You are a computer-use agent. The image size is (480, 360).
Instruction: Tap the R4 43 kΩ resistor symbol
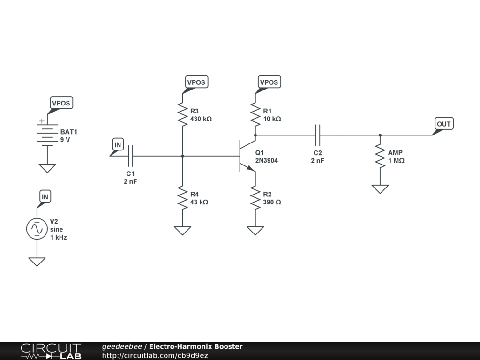(182, 197)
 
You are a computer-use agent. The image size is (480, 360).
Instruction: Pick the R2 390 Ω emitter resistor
(255, 197)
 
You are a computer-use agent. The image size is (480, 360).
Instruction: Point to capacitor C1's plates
(131, 156)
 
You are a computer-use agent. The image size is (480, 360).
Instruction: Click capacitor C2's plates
(318, 135)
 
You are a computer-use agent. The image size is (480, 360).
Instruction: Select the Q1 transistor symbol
(246, 156)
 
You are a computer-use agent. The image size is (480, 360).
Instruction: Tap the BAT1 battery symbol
(45, 134)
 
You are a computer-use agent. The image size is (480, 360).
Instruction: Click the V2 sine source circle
(37, 229)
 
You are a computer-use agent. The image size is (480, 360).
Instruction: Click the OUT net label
(443, 124)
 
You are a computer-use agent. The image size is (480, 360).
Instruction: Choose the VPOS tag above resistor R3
(196, 82)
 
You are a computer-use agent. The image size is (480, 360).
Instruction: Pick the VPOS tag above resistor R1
(269, 82)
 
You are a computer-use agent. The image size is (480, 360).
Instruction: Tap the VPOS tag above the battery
(62, 103)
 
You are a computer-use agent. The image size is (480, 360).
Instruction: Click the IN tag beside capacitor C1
(118, 145)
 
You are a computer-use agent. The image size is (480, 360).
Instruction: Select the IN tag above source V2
(45, 196)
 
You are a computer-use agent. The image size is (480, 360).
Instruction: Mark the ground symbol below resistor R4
(182, 230)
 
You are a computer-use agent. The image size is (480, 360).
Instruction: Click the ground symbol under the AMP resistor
(380, 188)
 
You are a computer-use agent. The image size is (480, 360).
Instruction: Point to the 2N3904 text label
(267, 161)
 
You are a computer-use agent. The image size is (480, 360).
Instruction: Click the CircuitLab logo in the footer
(51, 351)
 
